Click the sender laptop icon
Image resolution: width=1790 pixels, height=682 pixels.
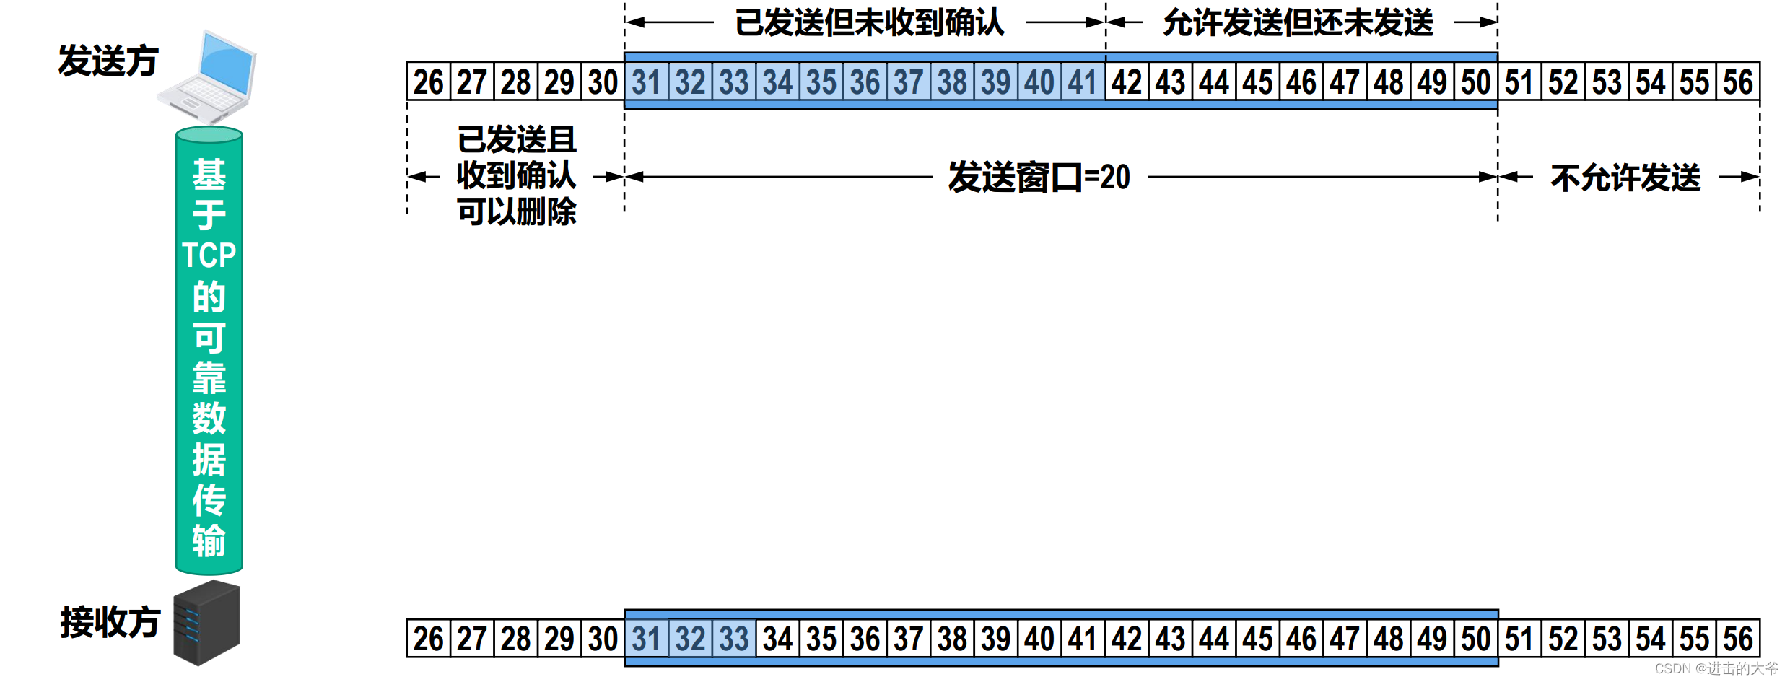coord(208,76)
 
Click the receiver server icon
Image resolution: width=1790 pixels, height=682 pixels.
coord(206,622)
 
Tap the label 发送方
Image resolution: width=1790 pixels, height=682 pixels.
coord(108,61)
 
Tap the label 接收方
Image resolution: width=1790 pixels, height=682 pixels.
coord(110,622)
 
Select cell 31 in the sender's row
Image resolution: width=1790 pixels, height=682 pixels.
coord(646,82)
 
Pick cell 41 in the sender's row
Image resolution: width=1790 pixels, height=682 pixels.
coord(1083,82)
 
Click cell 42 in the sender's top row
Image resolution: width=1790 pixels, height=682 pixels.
coord(1127,82)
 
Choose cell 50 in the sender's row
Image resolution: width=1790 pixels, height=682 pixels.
coord(1476,82)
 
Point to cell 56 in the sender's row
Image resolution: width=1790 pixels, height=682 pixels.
coord(1738,82)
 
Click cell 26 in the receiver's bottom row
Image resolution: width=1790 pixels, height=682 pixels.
coord(428,639)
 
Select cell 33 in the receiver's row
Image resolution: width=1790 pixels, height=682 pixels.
coord(734,639)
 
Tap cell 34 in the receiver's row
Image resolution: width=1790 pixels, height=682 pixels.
coord(777,639)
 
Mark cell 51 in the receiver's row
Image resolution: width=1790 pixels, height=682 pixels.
coord(1519,639)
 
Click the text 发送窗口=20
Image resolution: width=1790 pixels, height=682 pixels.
coord(1039,178)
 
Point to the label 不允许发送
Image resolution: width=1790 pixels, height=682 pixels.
coord(1625,178)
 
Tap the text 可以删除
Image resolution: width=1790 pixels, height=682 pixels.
coord(517,211)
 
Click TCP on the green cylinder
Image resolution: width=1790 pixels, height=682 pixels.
coord(209,255)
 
